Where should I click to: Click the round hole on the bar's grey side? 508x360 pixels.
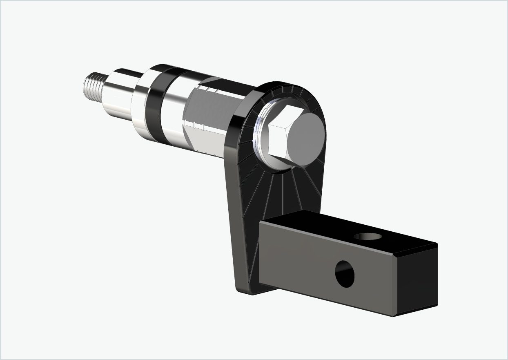pyautogui.click(x=344, y=273)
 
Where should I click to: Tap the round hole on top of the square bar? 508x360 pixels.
pyautogui.click(x=368, y=236)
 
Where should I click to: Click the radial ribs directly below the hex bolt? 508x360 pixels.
pyautogui.click(x=282, y=192)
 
